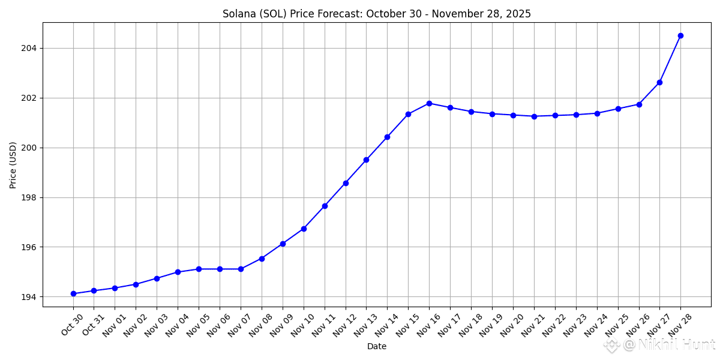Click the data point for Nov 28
click(x=680, y=35)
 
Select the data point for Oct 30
click(x=73, y=293)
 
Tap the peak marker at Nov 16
click(x=429, y=103)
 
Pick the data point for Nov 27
click(x=659, y=82)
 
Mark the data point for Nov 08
click(x=262, y=259)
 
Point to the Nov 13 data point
click(x=366, y=160)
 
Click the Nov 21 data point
click(x=534, y=116)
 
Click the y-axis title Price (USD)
click(x=13, y=165)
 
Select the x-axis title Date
click(x=377, y=346)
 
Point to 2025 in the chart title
click(x=518, y=14)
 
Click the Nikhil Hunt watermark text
click(x=676, y=345)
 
